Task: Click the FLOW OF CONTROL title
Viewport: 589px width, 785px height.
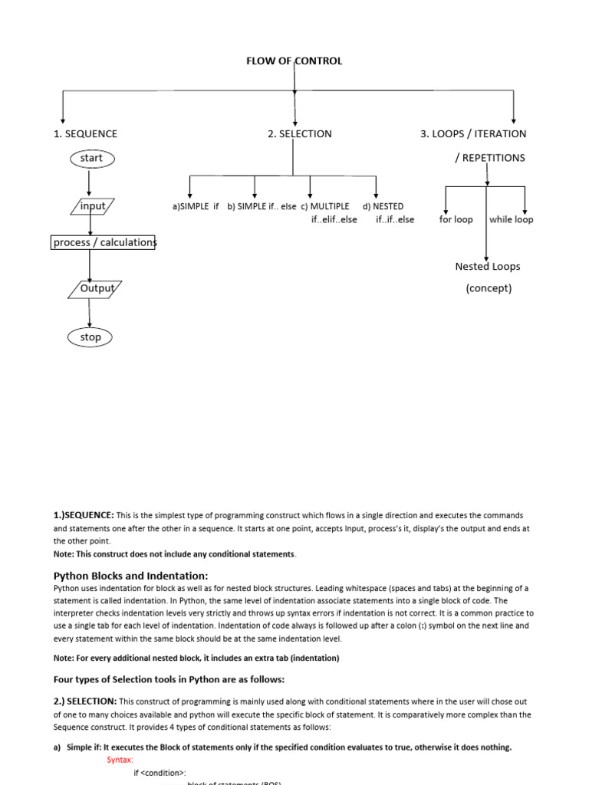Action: pos(294,61)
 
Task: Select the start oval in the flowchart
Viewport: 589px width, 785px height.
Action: pos(90,158)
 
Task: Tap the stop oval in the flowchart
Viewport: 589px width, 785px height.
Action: pos(90,337)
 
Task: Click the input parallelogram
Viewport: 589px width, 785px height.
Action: pos(93,206)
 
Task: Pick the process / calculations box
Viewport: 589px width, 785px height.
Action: pos(104,242)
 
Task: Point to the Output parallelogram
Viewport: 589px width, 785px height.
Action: pos(96,289)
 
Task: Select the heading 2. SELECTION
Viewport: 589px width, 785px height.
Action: pos(300,133)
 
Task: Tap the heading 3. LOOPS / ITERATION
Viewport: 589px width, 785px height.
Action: pos(473,133)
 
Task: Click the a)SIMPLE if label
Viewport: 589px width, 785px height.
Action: pos(196,207)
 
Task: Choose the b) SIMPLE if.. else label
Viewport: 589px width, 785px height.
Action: pos(262,207)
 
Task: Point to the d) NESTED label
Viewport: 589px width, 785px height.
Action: pos(383,207)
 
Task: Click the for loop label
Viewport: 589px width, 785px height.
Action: pos(456,219)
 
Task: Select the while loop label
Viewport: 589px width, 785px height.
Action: pos(511,219)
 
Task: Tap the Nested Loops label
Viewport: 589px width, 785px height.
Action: pos(487,267)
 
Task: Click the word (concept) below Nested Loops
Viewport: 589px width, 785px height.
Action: pos(489,288)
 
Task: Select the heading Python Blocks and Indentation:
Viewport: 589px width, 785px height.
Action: pos(130,576)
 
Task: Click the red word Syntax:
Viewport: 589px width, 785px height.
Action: pos(120,760)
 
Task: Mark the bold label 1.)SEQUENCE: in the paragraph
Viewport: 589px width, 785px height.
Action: pos(84,515)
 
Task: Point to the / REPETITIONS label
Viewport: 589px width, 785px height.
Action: pos(489,158)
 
